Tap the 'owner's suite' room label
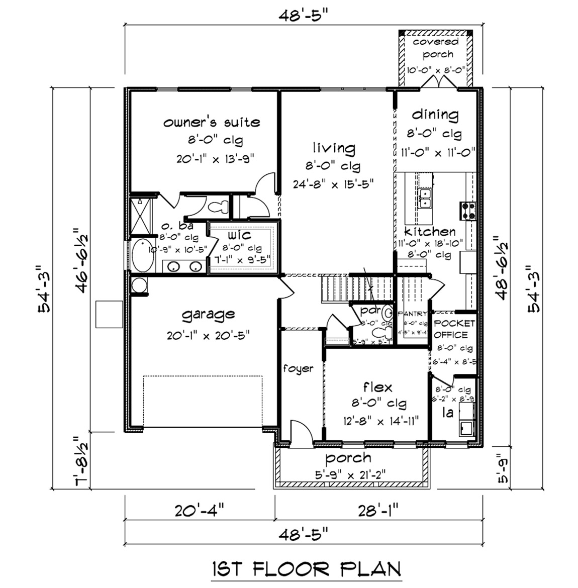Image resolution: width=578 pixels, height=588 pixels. (212, 122)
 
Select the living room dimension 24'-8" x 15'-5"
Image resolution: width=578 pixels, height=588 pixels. (334, 184)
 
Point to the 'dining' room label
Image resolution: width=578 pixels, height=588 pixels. (435, 115)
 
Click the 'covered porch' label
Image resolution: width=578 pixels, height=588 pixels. (436, 48)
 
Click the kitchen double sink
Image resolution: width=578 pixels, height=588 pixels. (425, 198)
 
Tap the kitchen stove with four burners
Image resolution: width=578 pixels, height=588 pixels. (468, 211)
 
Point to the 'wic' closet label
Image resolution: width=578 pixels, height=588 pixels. (240, 235)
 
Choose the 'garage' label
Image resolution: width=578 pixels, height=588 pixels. (208, 315)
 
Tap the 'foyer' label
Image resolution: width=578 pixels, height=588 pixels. (298, 368)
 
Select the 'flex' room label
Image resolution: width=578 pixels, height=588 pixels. (377, 387)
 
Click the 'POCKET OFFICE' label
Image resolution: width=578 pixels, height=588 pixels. (454, 329)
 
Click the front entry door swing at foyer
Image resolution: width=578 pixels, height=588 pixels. (301, 432)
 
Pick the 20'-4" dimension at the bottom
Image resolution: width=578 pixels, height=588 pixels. (199, 511)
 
